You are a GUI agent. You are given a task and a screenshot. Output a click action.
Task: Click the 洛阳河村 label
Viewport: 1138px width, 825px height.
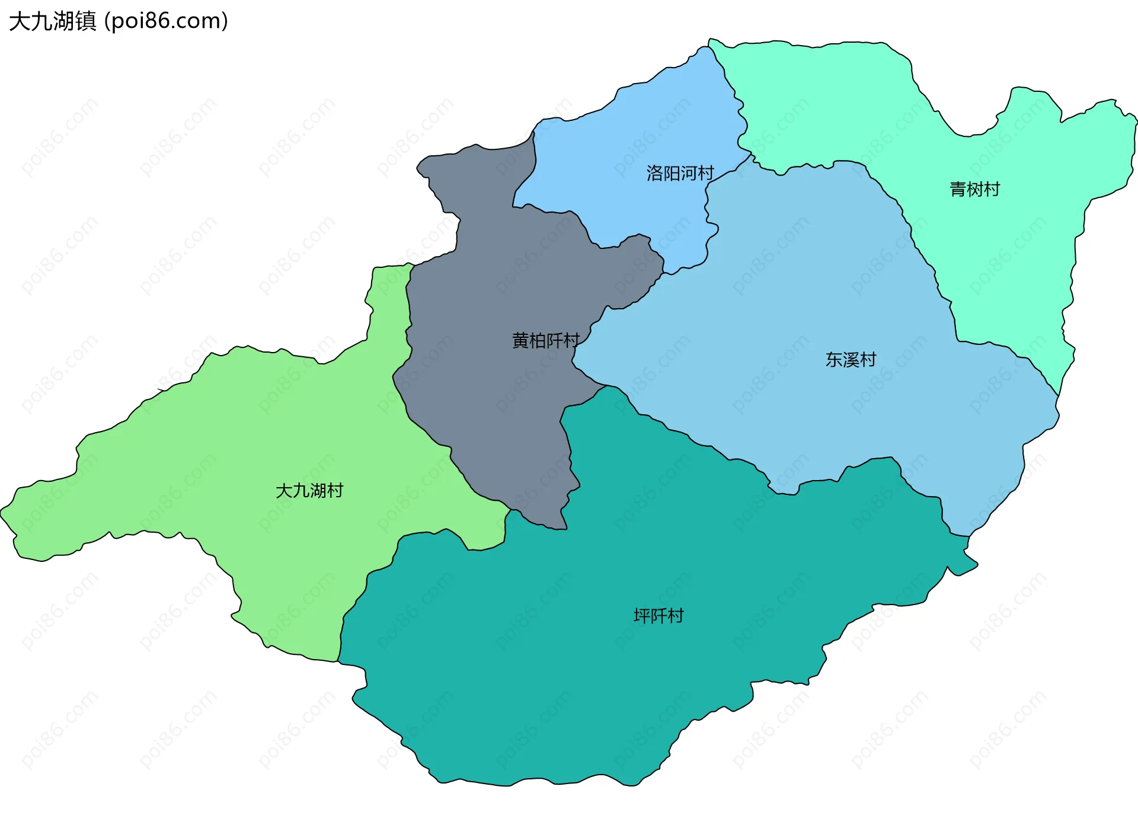(x=680, y=173)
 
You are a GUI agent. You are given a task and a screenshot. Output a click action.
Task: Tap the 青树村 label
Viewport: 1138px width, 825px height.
(x=974, y=189)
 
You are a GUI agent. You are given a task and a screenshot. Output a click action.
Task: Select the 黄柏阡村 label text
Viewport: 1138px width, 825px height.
(x=545, y=340)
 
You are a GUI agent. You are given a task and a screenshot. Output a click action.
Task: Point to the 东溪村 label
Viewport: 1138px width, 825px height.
(x=851, y=359)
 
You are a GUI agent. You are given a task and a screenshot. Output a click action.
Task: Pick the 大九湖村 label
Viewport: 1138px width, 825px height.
(x=309, y=490)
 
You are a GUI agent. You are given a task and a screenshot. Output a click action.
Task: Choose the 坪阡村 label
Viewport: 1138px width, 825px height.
(x=658, y=616)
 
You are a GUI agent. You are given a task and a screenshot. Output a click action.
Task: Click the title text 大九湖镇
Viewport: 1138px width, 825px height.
(x=53, y=21)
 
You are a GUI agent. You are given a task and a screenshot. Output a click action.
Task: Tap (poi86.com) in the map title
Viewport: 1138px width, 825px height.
(x=166, y=21)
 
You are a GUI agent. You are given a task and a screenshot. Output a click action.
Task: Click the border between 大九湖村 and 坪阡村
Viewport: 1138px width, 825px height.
(x=362, y=593)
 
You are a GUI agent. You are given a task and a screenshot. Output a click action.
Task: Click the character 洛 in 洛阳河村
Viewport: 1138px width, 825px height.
(x=654, y=173)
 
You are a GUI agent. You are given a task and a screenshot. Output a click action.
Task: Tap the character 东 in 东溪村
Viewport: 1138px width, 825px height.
(x=834, y=359)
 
